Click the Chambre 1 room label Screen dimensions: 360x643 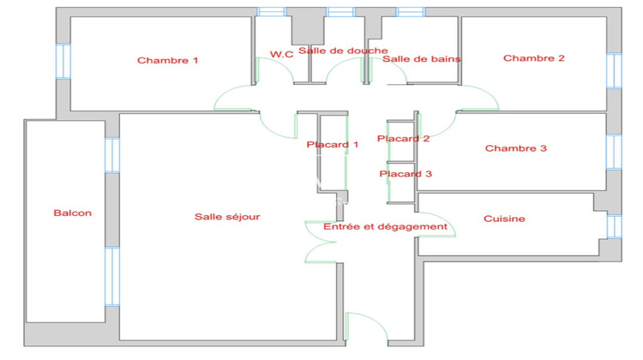(168, 60)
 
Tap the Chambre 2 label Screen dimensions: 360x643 (533, 58)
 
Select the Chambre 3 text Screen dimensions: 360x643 (515, 148)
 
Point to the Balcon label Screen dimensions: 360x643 (72, 213)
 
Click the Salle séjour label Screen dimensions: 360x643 (226, 217)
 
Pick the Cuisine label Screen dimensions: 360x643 (504, 219)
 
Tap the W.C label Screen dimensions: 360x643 (282, 54)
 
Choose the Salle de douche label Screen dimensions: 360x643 (331, 51)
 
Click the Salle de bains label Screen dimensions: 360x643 (421, 59)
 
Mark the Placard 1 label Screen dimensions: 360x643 (333, 144)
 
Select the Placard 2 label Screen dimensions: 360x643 (403, 138)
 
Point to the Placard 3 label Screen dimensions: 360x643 (406, 173)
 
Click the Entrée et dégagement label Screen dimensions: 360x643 (385, 226)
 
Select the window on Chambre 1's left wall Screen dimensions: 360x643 (62, 62)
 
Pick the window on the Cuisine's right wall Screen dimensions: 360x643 (612, 225)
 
